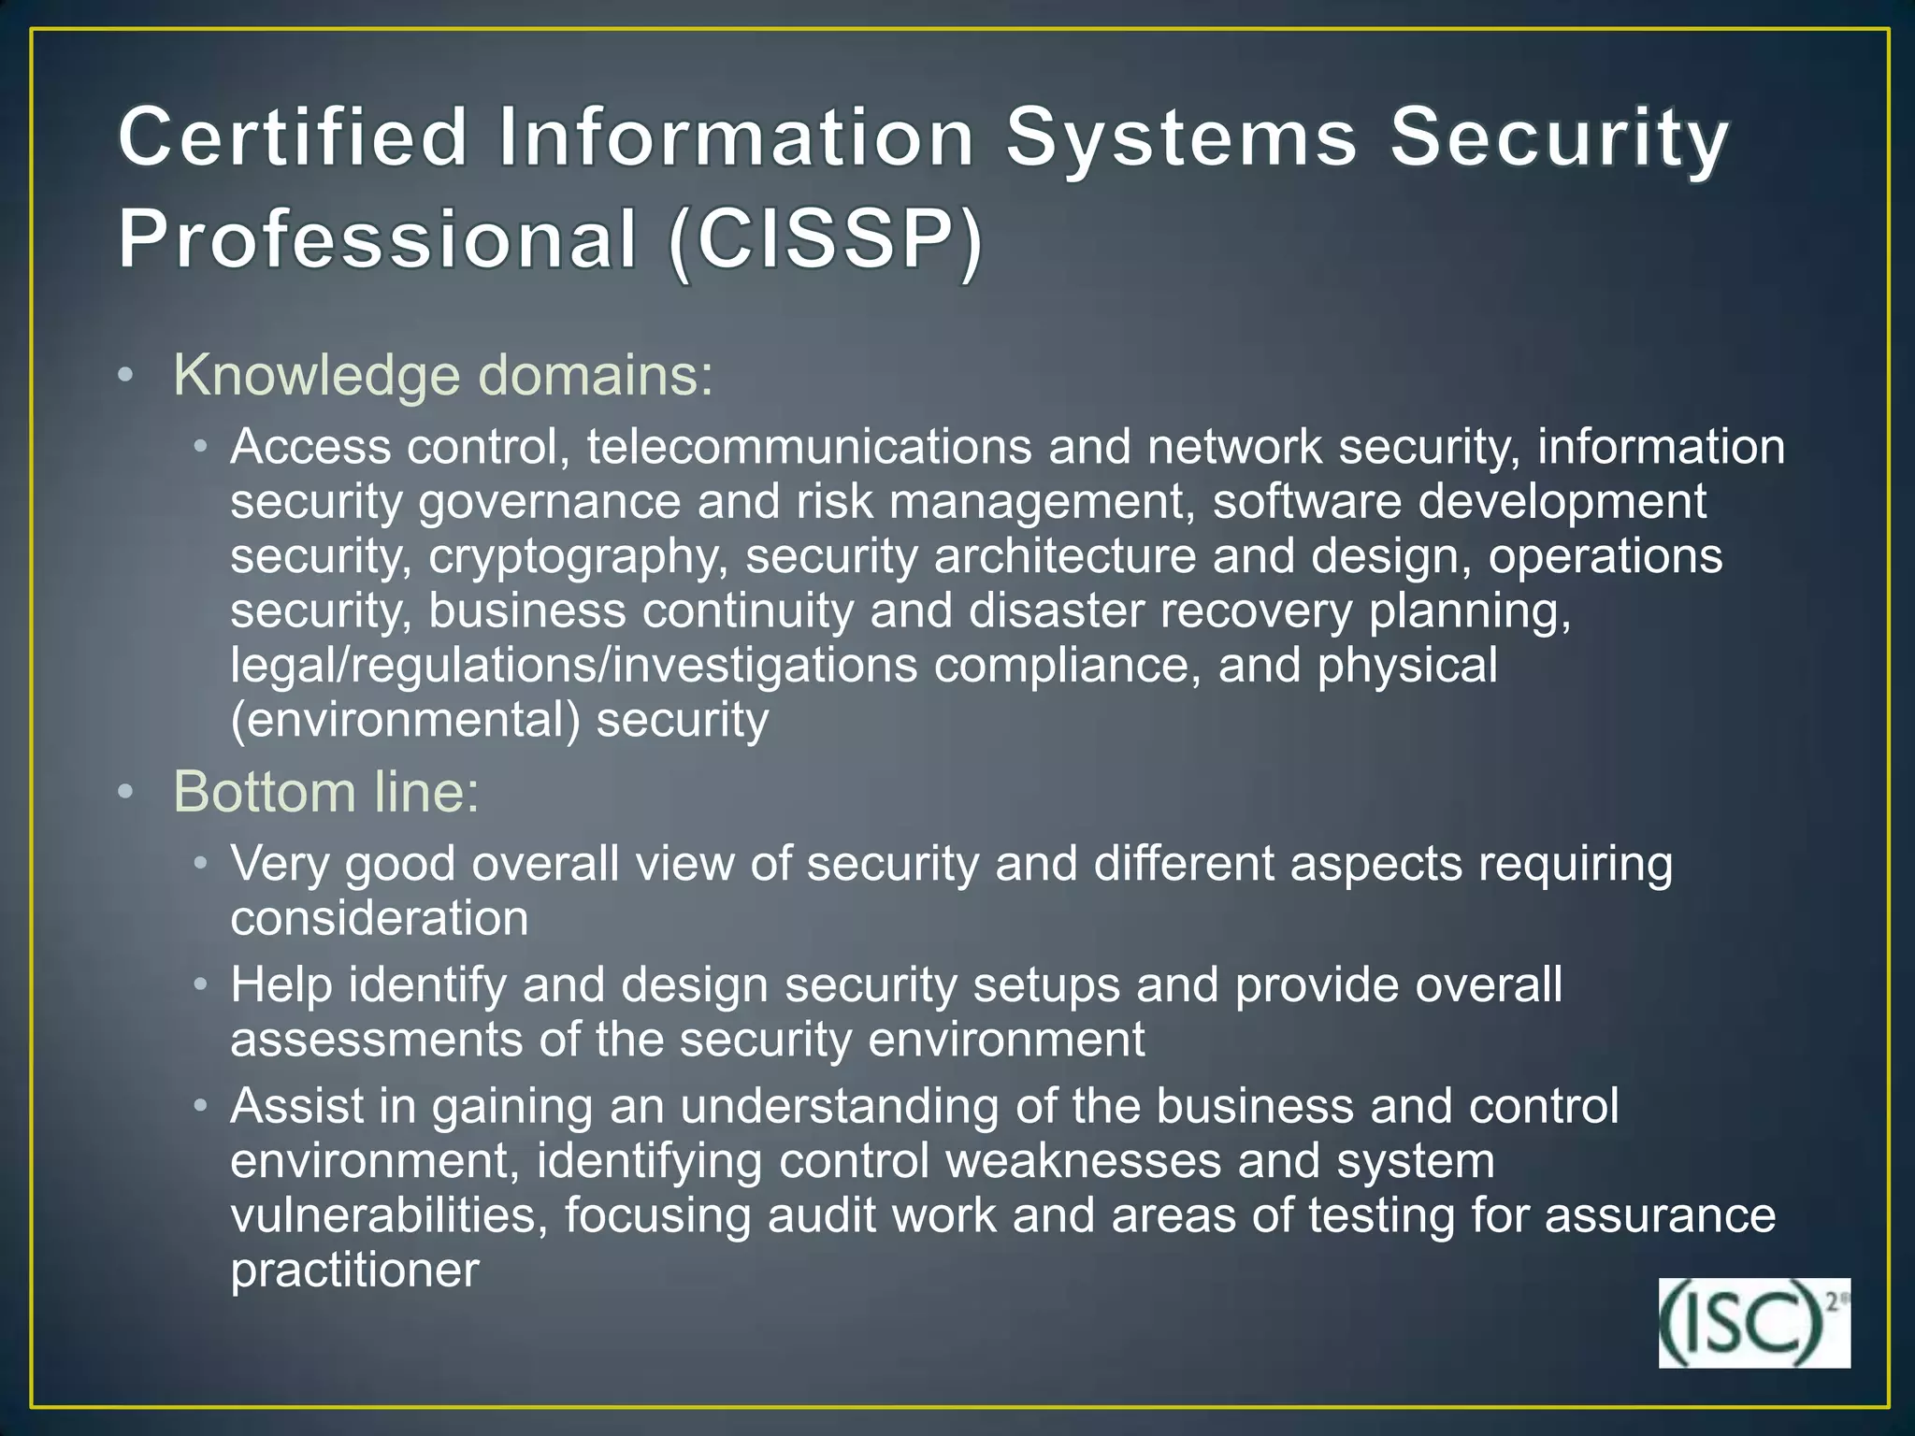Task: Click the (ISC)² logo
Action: tap(1753, 1323)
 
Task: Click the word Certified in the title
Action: tap(293, 137)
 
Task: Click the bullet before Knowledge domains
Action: tap(126, 377)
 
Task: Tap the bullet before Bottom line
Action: tap(126, 793)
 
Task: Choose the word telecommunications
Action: tap(809, 447)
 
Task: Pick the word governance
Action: tap(550, 502)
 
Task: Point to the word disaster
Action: tap(1056, 611)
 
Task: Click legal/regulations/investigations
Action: tap(574, 666)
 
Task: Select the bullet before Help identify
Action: tap(200, 985)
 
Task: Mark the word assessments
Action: tap(377, 1041)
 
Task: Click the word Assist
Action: tap(296, 1107)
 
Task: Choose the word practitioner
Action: tap(354, 1271)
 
